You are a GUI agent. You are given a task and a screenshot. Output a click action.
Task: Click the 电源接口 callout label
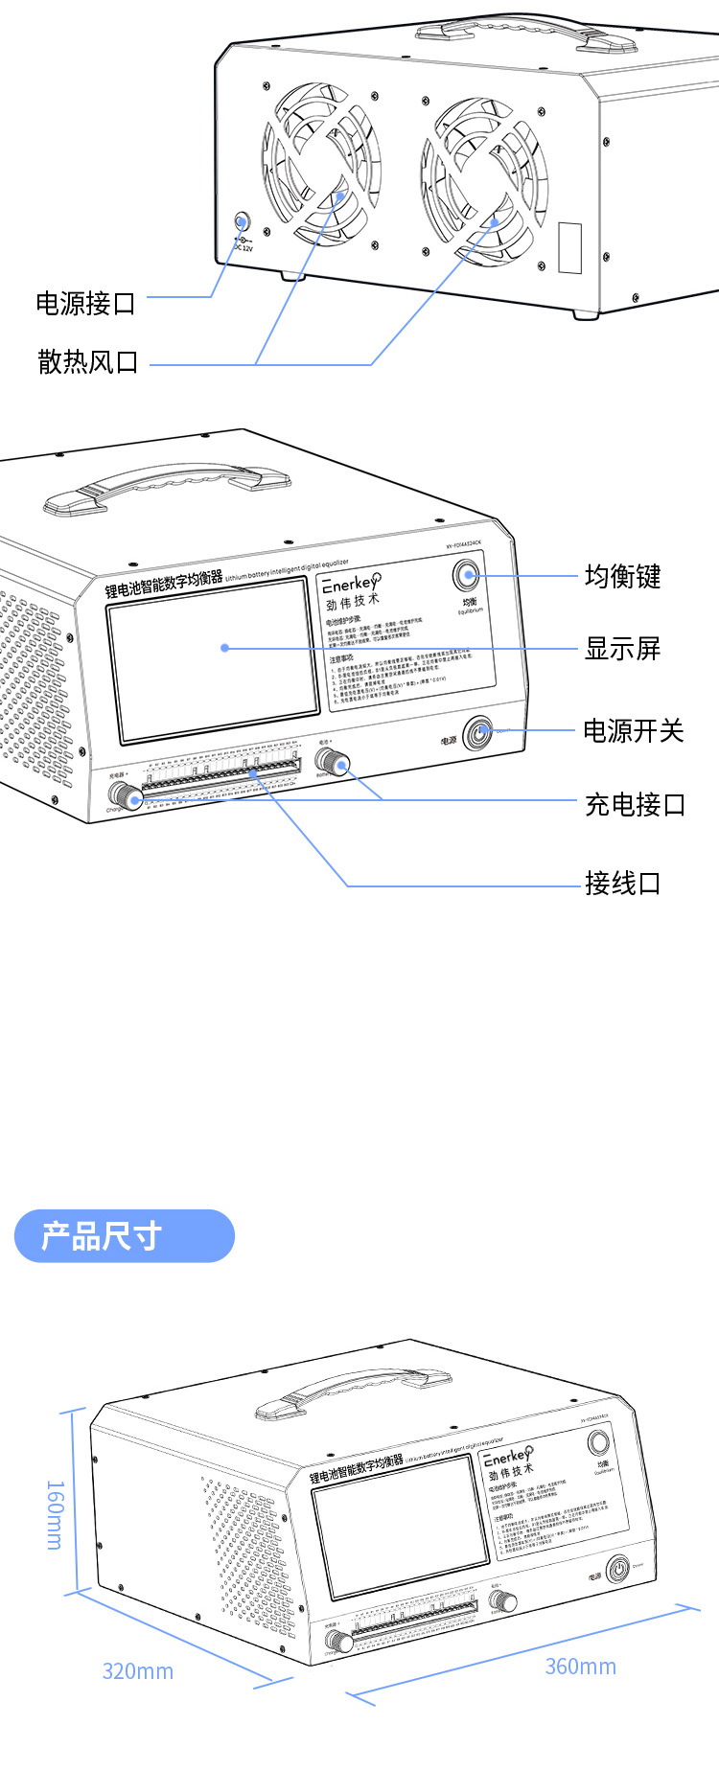click(x=86, y=304)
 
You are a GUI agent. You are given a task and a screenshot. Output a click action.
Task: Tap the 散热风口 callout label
click(x=88, y=361)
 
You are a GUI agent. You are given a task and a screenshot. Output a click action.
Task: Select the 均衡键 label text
click(x=623, y=576)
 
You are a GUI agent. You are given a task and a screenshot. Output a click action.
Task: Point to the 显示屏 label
click(x=623, y=649)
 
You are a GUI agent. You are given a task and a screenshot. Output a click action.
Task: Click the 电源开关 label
click(x=634, y=731)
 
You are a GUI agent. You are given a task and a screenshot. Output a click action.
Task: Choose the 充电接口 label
click(x=636, y=804)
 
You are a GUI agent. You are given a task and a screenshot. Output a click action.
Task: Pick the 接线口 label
click(x=623, y=883)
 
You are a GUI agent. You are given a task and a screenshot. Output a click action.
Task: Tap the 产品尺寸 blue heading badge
click(x=124, y=1235)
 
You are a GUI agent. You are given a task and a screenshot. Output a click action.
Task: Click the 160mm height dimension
click(x=56, y=1515)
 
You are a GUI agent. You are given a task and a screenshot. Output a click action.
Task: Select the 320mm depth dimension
click(x=138, y=1671)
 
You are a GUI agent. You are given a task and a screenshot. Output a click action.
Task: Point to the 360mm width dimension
click(x=580, y=1667)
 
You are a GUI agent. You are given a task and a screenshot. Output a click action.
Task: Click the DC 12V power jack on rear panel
click(x=242, y=223)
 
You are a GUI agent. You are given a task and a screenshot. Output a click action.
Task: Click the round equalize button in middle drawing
click(x=467, y=575)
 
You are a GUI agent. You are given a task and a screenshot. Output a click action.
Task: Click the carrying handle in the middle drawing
click(x=168, y=487)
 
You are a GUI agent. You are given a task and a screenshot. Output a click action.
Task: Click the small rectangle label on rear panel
click(x=570, y=248)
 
